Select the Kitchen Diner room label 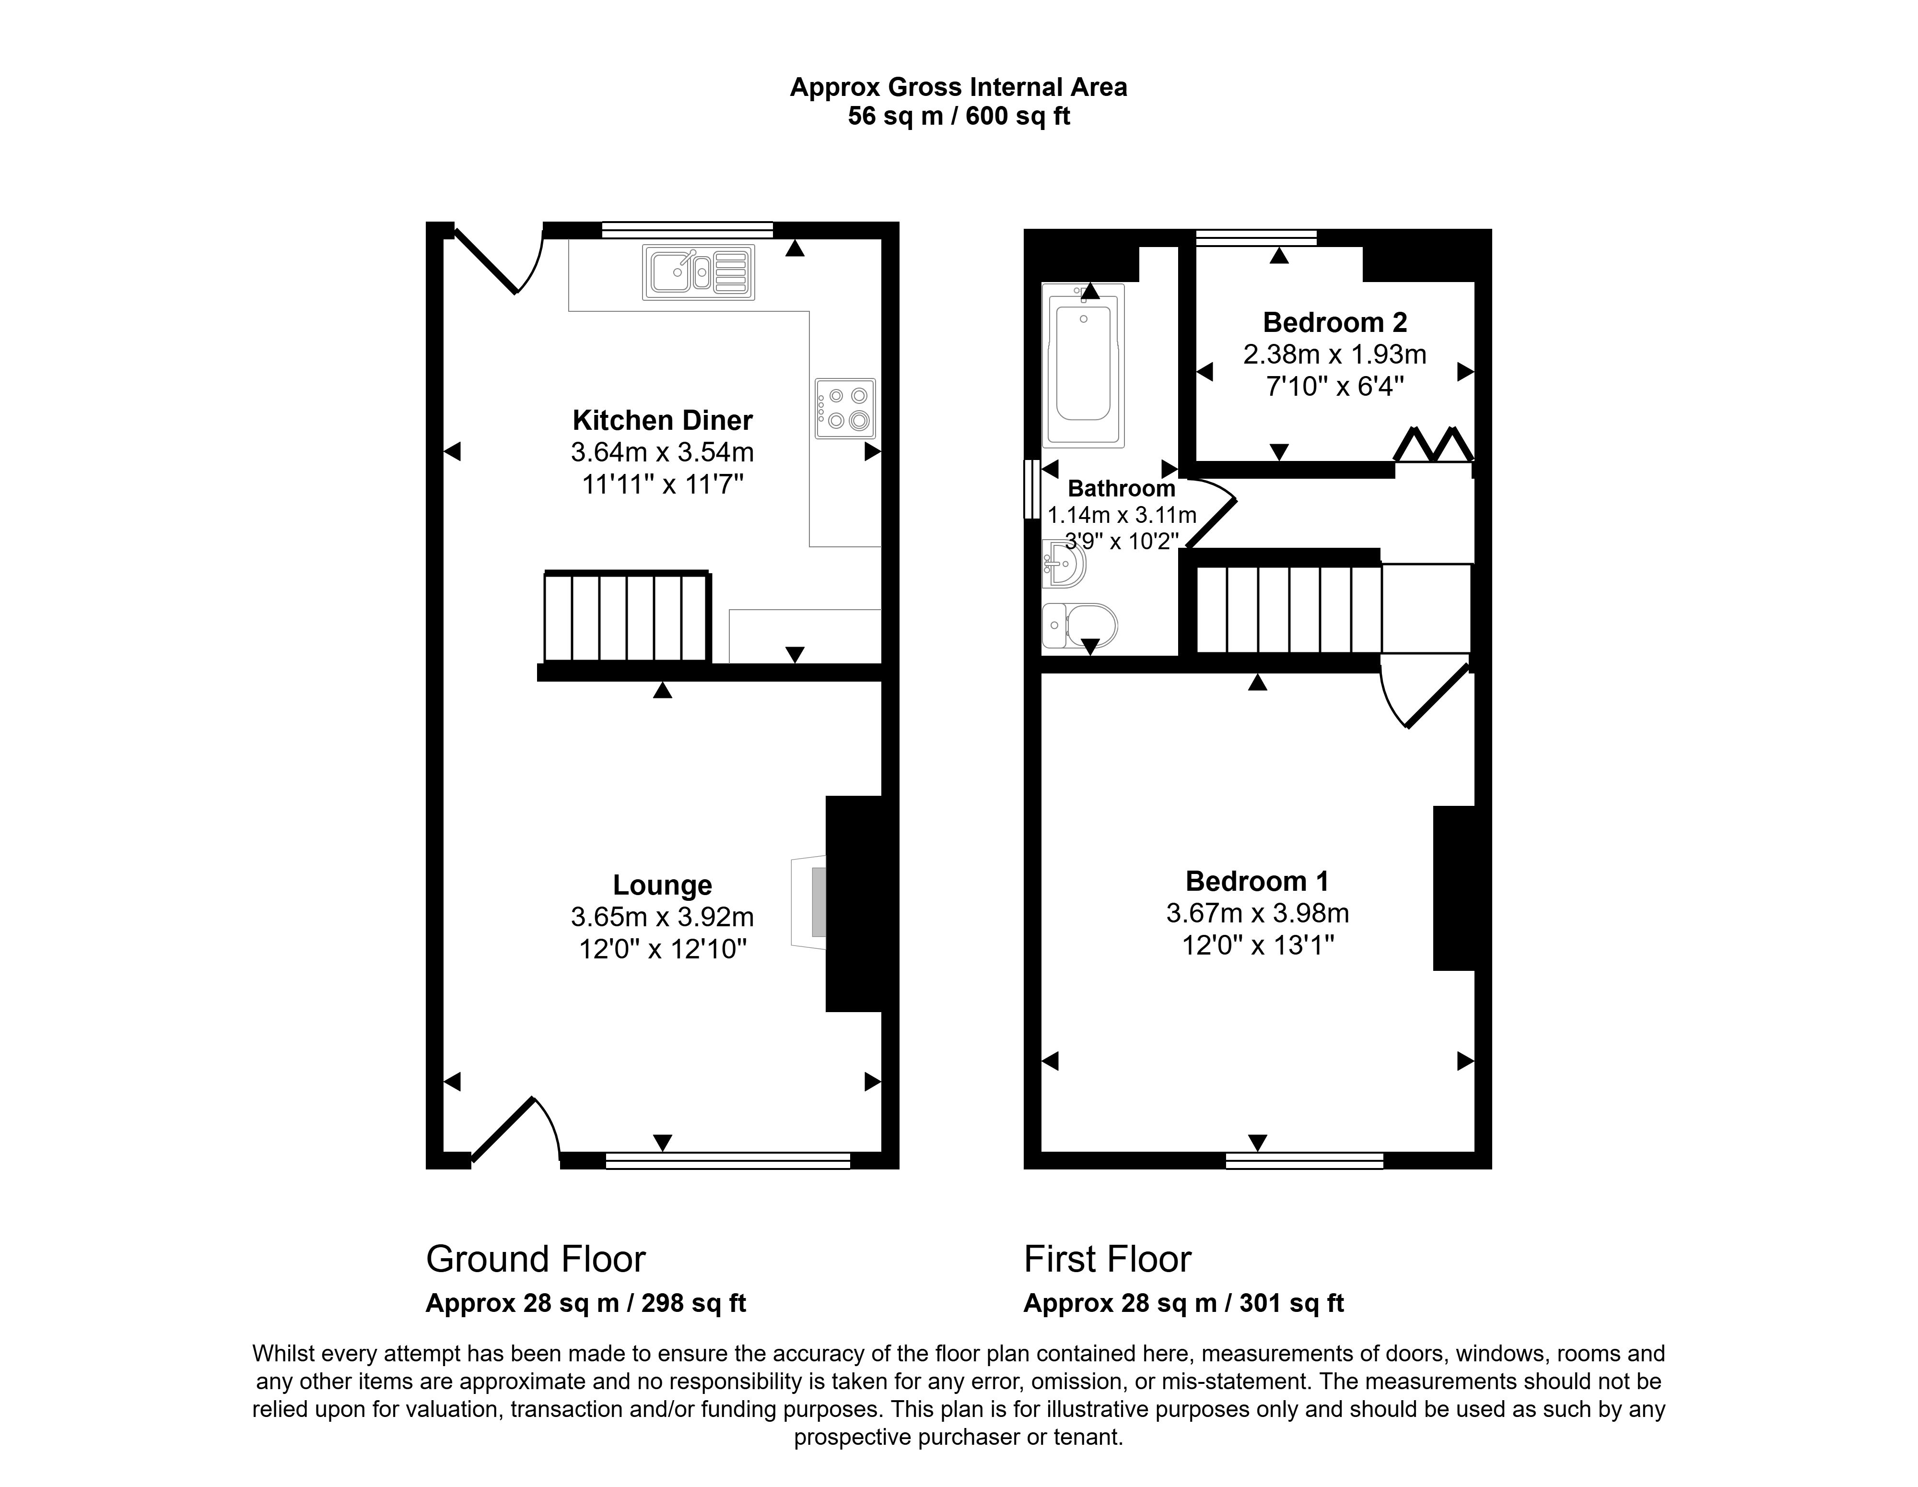662,421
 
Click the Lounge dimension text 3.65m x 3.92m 662,917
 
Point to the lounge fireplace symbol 810,903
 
